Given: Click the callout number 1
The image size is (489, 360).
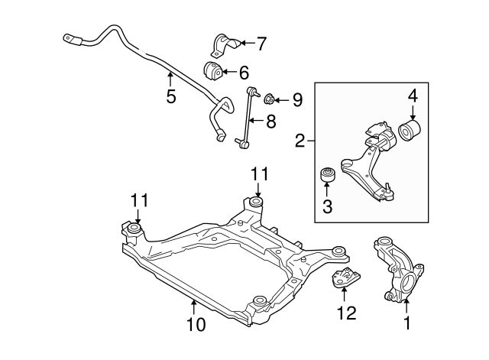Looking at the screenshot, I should click(406, 323).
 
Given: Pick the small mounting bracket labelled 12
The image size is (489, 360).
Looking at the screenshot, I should click(345, 281).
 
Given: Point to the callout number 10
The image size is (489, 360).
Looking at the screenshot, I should click(196, 324).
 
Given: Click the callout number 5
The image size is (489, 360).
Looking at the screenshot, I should click(170, 96).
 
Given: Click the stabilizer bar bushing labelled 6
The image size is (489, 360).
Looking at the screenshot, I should click(213, 72).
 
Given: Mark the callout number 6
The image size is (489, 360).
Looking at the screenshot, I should click(244, 73).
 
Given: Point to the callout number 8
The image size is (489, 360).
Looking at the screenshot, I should click(270, 121).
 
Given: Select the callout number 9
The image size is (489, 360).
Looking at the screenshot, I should click(297, 99).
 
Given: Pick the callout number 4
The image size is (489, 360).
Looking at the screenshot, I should click(412, 96).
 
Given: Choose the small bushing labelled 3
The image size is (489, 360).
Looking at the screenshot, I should click(326, 177).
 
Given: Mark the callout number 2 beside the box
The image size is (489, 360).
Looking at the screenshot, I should click(300, 140).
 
